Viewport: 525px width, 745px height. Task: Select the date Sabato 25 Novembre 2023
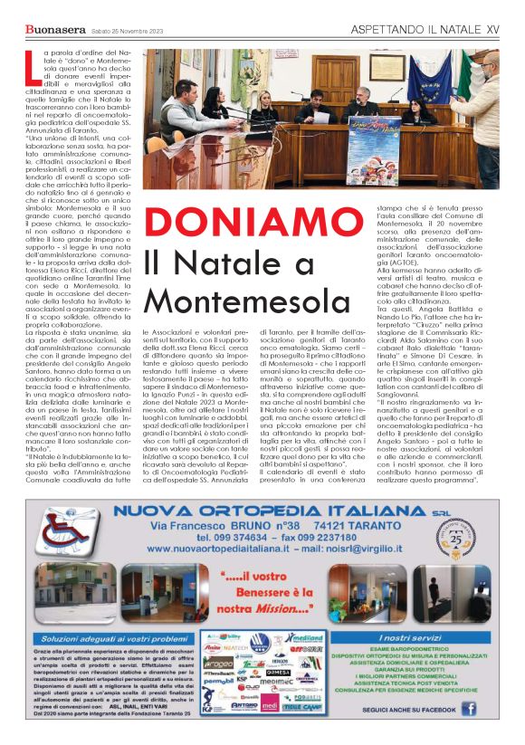[126, 33]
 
